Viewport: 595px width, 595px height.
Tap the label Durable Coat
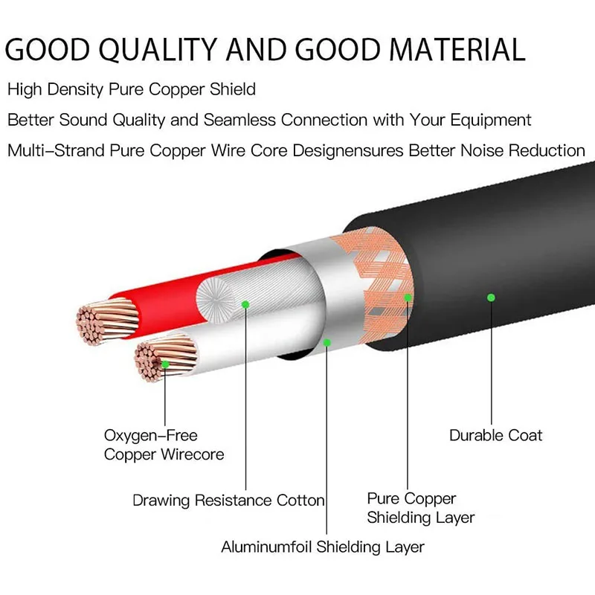496,435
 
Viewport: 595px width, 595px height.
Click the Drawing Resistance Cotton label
228,501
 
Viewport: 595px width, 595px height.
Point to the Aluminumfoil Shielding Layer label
323,547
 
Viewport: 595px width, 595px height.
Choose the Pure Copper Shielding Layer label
420,508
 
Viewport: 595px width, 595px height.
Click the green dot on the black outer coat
491,297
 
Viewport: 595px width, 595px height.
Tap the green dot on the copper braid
408,297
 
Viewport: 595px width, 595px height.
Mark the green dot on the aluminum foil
327,342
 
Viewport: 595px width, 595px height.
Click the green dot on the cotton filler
245,303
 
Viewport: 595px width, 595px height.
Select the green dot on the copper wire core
164,364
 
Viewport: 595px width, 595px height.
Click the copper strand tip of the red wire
97,322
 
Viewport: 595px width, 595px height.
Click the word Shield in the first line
231,90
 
